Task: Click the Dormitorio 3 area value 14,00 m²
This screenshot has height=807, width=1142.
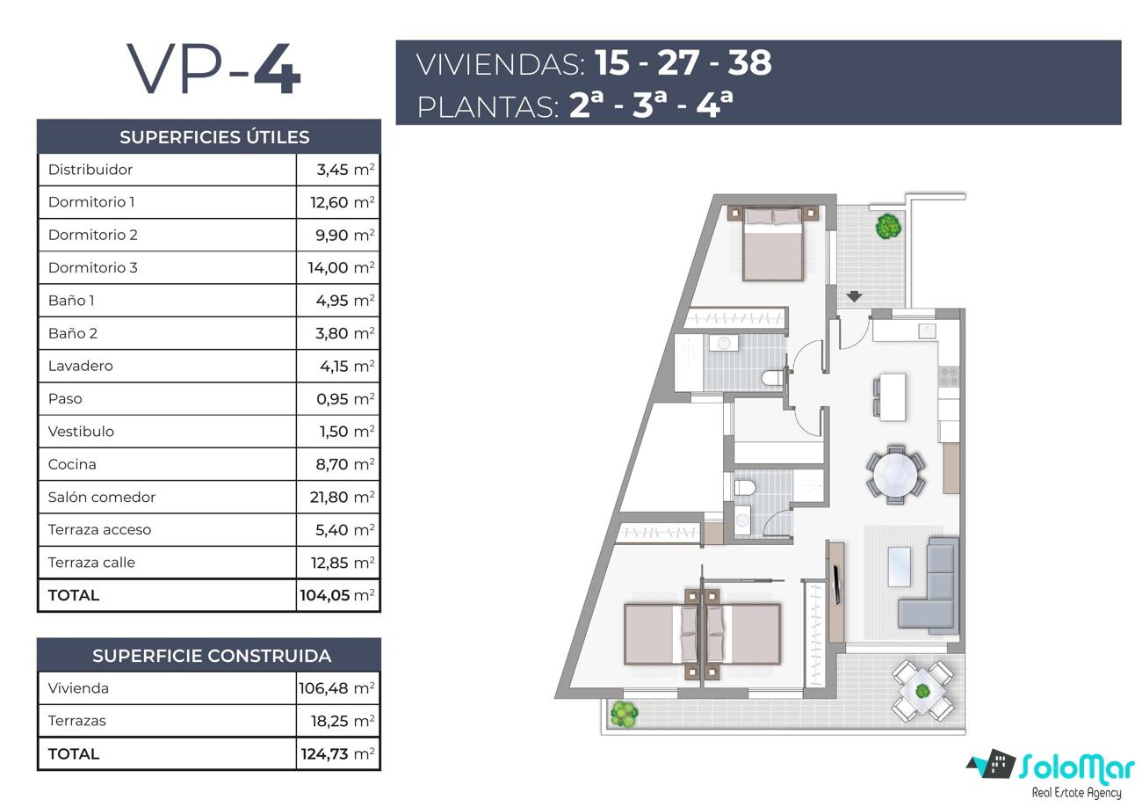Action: pyautogui.click(x=341, y=267)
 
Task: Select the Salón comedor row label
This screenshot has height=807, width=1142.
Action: pyautogui.click(x=101, y=497)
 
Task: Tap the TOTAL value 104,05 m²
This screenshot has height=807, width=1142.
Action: pyautogui.click(x=337, y=595)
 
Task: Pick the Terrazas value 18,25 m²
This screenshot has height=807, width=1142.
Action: pyautogui.click(x=343, y=721)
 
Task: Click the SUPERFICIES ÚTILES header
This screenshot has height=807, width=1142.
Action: pyautogui.click(x=214, y=137)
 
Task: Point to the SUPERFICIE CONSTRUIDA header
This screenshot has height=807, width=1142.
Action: pyautogui.click(x=212, y=656)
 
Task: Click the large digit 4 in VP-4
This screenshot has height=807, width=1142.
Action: pyautogui.click(x=278, y=69)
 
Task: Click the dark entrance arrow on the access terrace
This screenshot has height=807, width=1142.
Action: pyautogui.click(x=855, y=296)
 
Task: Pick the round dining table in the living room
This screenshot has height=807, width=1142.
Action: pyautogui.click(x=895, y=475)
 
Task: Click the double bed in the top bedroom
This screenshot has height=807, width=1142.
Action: pyautogui.click(x=773, y=244)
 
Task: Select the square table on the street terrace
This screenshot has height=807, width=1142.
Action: pyautogui.click(x=922, y=691)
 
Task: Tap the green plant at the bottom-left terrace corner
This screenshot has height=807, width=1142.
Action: pyautogui.click(x=624, y=714)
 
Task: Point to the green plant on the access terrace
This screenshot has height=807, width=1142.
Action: pyautogui.click(x=888, y=225)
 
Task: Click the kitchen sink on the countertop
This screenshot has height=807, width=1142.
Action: pyautogui.click(x=928, y=331)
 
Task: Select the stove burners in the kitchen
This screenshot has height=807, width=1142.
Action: pyautogui.click(x=949, y=377)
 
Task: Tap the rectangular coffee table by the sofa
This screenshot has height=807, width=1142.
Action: pyautogui.click(x=899, y=567)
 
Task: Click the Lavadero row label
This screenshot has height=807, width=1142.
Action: pyautogui.click(x=81, y=366)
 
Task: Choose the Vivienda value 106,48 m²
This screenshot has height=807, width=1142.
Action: pyautogui.click(x=336, y=688)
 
